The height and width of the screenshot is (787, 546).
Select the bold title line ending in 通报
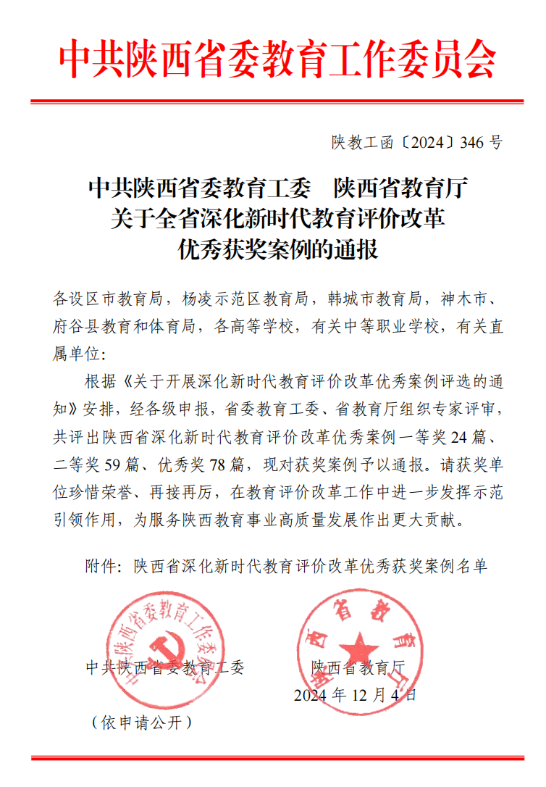tap(278, 250)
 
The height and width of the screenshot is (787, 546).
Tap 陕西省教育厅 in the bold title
tap(400, 189)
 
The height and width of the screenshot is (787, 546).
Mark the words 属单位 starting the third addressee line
tap(75, 354)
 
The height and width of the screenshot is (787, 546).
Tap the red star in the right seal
tap(361, 647)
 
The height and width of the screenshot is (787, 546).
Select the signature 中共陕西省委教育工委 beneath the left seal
tap(165, 667)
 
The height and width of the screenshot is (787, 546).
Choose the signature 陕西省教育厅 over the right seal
tap(360, 667)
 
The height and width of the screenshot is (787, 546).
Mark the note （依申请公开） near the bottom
tap(141, 723)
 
